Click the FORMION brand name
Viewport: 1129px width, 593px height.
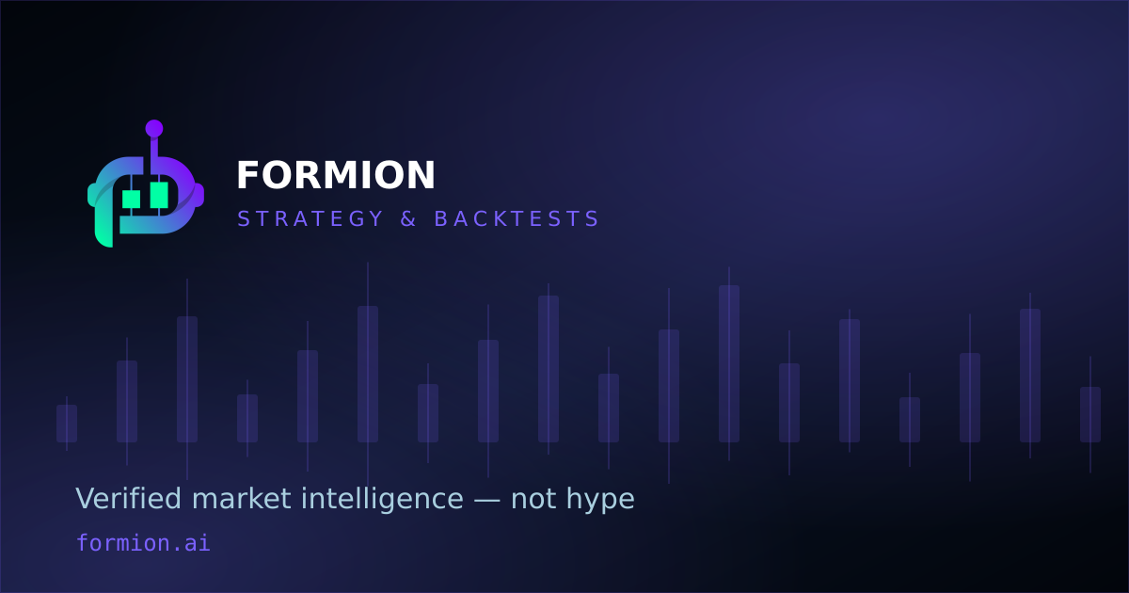pyautogui.click(x=336, y=175)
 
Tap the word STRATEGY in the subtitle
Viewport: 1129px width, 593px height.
pyautogui.click(x=310, y=218)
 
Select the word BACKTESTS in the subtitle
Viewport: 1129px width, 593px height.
pyautogui.click(x=517, y=218)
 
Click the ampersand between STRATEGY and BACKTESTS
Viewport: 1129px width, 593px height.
pyautogui.click(x=408, y=218)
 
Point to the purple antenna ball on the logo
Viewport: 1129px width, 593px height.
pyautogui.click(x=154, y=129)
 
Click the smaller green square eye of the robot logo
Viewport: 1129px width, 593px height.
pyautogui.click(x=131, y=200)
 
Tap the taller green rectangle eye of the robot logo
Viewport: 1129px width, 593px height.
pyautogui.click(x=159, y=195)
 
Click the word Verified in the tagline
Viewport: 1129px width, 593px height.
pyautogui.click(x=128, y=499)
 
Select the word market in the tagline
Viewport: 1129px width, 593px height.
pyautogui.click(x=242, y=499)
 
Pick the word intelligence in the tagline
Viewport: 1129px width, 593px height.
pyautogui.click(x=382, y=500)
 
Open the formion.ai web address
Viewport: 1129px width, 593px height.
pyautogui.click(x=143, y=543)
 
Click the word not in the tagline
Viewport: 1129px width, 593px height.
pyautogui.click(x=533, y=499)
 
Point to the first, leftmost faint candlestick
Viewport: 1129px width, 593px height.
pyautogui.click(x=67, y=424)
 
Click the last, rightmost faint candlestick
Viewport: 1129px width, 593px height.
pyautogui.click(x=1090, y=414)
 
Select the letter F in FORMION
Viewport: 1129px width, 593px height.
pyautogui.click(x=246, y=175)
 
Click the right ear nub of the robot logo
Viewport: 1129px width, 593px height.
pyautogui.click(x=199, y=195)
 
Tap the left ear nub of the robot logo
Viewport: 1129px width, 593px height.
pyautogui.click(x=91, y=195)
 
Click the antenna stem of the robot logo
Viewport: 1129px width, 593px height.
pyautogui.click(x=154, y=147)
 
